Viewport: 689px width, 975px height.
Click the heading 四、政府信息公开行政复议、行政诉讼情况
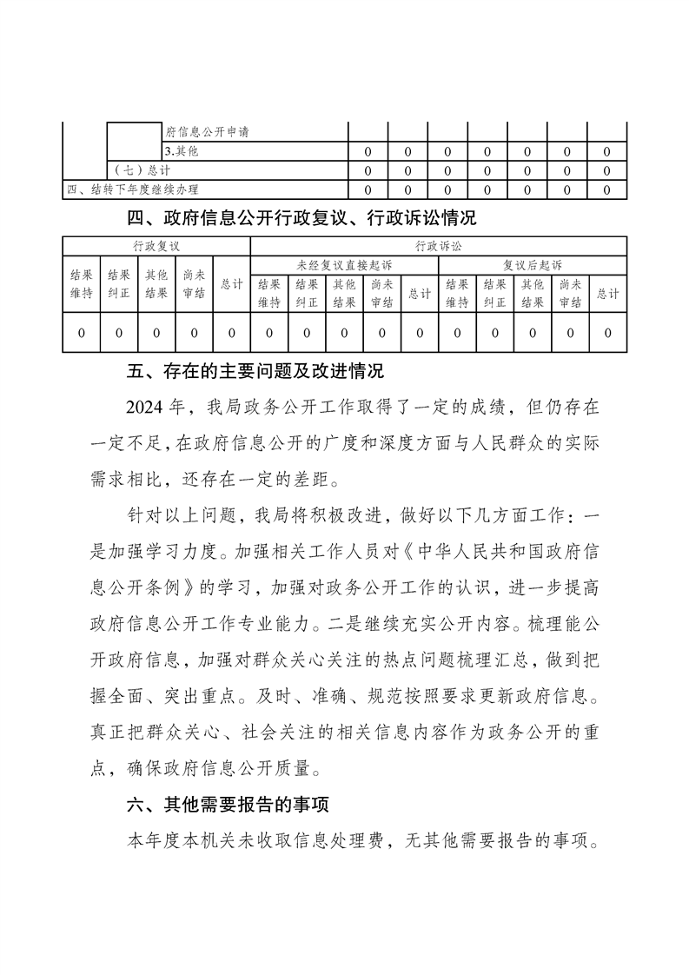[x=301, y=217]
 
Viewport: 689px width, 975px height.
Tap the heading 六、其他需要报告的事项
[x=227, y=805]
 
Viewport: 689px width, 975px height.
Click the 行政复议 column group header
[x=156, y=247]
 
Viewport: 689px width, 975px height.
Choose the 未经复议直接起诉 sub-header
[x=344, y=264]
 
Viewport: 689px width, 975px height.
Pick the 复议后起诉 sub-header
[x=533, y=264]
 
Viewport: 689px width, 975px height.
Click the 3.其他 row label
[x=182, y=151]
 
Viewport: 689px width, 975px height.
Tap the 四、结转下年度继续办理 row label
[x=139, y=189]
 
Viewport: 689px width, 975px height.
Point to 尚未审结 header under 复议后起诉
[x=570, y=293]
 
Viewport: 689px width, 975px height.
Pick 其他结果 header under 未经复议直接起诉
[x=344, y=293]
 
